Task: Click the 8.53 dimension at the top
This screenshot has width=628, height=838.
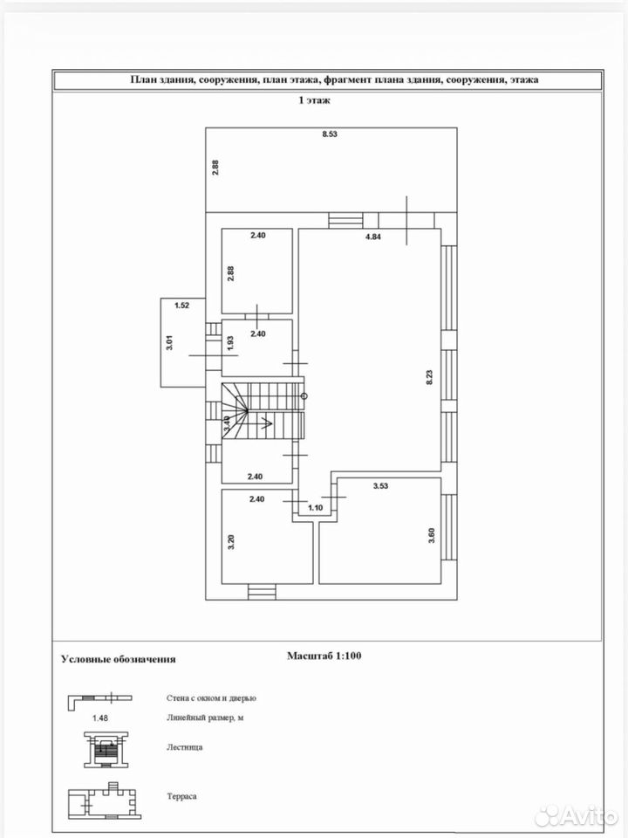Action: pos(330,134)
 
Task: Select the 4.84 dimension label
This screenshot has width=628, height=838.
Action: pos(372,237)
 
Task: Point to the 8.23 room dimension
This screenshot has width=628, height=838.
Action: pos(429,377)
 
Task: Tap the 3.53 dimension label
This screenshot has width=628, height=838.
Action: pos(380,486)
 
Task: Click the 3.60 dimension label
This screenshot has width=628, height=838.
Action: pos(432,535)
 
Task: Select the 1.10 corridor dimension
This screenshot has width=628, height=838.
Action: pos(316,508)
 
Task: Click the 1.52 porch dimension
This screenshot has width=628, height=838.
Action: pos(182,306)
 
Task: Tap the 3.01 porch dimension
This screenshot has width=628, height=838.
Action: pos(169,342)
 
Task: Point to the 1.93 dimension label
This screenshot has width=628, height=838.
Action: pos(230,342)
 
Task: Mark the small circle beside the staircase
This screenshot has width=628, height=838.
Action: pos(304,396)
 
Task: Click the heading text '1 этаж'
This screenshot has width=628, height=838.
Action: pos(314,100)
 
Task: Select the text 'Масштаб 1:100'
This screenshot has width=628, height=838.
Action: pos(324,656)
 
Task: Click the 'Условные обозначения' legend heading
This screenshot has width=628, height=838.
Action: pos(118,659)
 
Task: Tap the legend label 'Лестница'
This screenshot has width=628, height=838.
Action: pos(184,747)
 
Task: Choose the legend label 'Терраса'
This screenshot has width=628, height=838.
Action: pos(181,796)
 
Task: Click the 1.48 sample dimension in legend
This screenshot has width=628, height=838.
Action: pos(99,718)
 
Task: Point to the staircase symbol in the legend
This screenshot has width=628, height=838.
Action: pos(107,750)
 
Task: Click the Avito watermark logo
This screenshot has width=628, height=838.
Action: pos(576,817)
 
